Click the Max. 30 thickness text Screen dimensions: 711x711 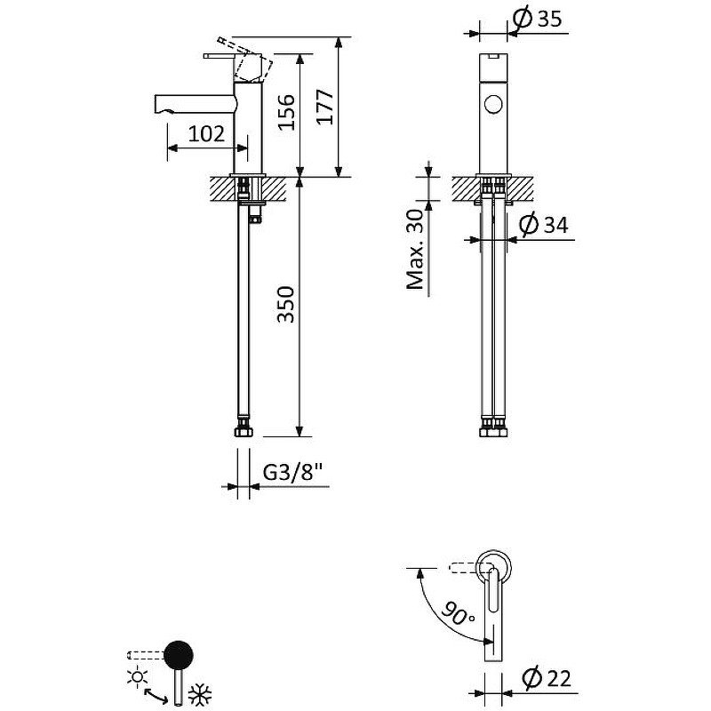(414, 251)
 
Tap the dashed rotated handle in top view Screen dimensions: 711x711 (464, 567)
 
